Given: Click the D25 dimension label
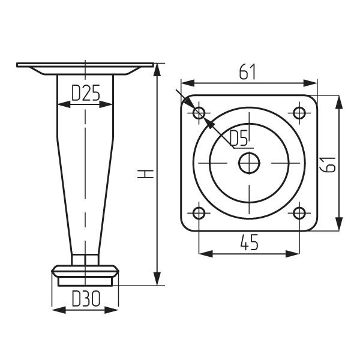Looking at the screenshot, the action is point(86,93).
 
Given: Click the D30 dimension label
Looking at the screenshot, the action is point(86,298).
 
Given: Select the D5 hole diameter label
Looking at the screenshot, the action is point(239,139).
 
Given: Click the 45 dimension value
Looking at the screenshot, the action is point(249,242).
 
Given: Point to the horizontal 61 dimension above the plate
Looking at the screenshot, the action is point(247,72).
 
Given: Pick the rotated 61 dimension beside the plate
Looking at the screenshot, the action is point(328,164).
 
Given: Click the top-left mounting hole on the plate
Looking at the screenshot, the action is point(199,113).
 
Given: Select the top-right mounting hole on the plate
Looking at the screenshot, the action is point(299,113).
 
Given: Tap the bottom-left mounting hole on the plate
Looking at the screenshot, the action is point(199,213).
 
